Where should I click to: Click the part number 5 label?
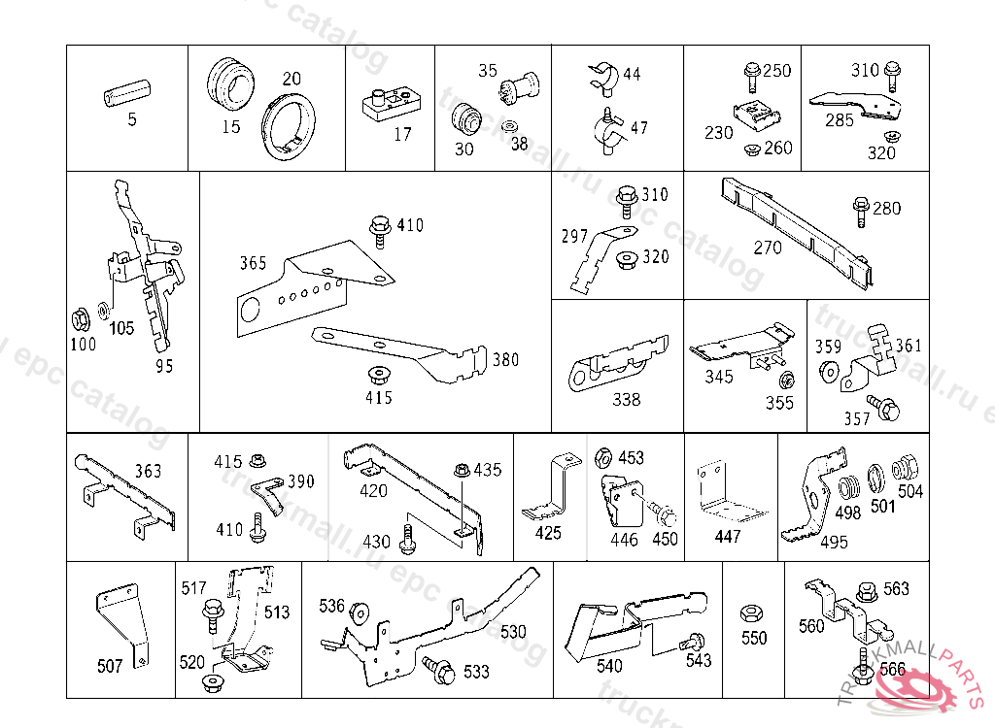132,120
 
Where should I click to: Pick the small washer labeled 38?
509,127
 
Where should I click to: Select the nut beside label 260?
751,149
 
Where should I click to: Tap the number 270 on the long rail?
768,248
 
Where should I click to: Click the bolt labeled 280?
860,209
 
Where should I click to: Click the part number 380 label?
505,360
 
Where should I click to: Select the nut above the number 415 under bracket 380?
374,374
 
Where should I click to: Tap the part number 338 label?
627,399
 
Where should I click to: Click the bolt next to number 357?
884,407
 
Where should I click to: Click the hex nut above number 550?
750,613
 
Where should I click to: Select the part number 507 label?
111,666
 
